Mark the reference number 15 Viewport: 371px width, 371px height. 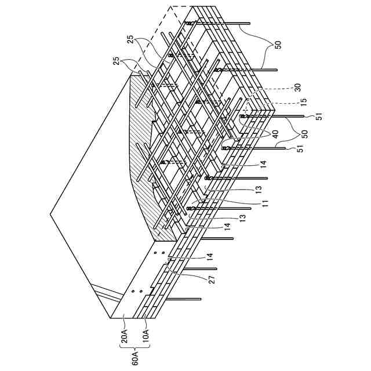point(301,102)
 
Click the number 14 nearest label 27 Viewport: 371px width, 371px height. point(208,254)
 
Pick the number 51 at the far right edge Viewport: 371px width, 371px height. point(318,117)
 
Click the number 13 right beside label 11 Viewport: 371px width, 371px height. point(257,189)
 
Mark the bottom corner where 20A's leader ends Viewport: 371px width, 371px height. point(110,318)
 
